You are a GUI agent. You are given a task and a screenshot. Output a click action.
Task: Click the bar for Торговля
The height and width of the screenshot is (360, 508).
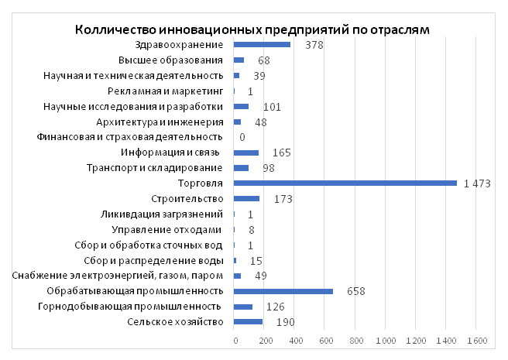pyautogui.click(x=345, y=183)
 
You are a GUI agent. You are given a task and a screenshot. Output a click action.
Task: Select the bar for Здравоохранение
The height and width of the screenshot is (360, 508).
pyautogui.click(x=262, y=45)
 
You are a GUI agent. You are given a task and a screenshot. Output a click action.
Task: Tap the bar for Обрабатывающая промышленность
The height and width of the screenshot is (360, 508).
pyautogui.click(x=283, y=291)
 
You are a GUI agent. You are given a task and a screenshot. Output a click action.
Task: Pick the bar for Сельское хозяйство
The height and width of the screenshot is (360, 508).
pyautogui.click(x=248, y=322)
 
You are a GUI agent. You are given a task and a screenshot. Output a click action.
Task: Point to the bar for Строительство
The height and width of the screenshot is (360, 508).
pyautogui.click(x=246, y=199)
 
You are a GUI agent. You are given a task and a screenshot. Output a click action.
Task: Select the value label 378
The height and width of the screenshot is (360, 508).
pyautogui.click(x=314, y=45)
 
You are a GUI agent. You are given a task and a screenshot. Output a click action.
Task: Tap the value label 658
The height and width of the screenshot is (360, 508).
pyautogui.click(x=355, y=291)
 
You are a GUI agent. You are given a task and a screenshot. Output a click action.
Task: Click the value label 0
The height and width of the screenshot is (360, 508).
pyautogui.click(x=242, y=137)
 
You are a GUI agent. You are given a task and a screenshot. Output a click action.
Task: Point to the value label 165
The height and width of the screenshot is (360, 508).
pyautogui.click(x=281, y=153)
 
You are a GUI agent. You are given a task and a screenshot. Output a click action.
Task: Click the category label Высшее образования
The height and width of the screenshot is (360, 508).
pyautogui.click(x=171, y=60)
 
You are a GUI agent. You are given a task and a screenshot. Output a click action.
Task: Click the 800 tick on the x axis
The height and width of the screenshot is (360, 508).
pyautogui.click(x=355, y=341)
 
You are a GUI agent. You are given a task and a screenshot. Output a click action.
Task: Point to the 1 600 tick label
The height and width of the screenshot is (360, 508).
pyautogui.click(x=476, y=341)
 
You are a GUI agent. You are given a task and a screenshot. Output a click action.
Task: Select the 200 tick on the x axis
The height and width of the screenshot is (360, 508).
pyautogui.click(x=264, y=341)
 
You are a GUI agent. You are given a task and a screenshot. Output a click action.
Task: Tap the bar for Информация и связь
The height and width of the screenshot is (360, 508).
pyautogui.click(x=246, y=153)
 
